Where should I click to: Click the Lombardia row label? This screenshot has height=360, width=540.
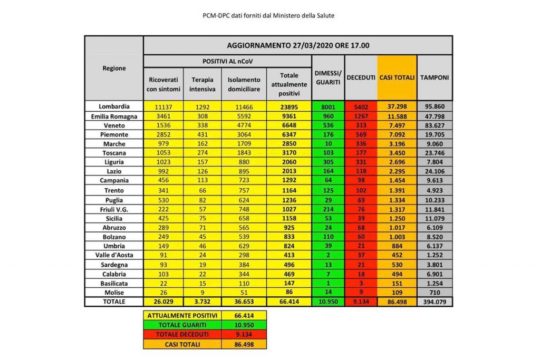[x=114, y=106]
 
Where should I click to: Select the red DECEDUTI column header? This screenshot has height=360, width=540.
[x=361, y=77]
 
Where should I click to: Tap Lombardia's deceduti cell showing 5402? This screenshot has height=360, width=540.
[x=361, y=106]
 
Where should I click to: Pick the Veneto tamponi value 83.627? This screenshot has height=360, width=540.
[x=435, y=125]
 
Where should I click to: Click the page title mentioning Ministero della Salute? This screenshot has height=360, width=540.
[x=269, y=15]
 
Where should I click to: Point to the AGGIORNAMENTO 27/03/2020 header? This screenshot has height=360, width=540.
[x=298, y=45]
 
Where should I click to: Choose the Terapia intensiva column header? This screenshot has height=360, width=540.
[x=202, y=83]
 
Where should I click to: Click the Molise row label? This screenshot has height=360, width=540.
[x=114, y=291]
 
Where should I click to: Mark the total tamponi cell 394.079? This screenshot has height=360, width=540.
[x=435, y=301]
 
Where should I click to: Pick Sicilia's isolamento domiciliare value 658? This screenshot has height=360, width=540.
[x=244, y=218]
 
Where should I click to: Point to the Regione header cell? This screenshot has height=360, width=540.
[x=114, y=68]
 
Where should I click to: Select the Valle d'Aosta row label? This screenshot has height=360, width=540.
[x=114, y=255]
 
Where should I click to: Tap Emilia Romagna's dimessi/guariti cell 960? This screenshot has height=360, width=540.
[x=328, y=115]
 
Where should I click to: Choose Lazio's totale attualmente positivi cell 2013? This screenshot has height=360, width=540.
[x=289, y=171]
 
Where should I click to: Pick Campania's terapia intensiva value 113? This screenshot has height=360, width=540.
[x=202, y=180]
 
